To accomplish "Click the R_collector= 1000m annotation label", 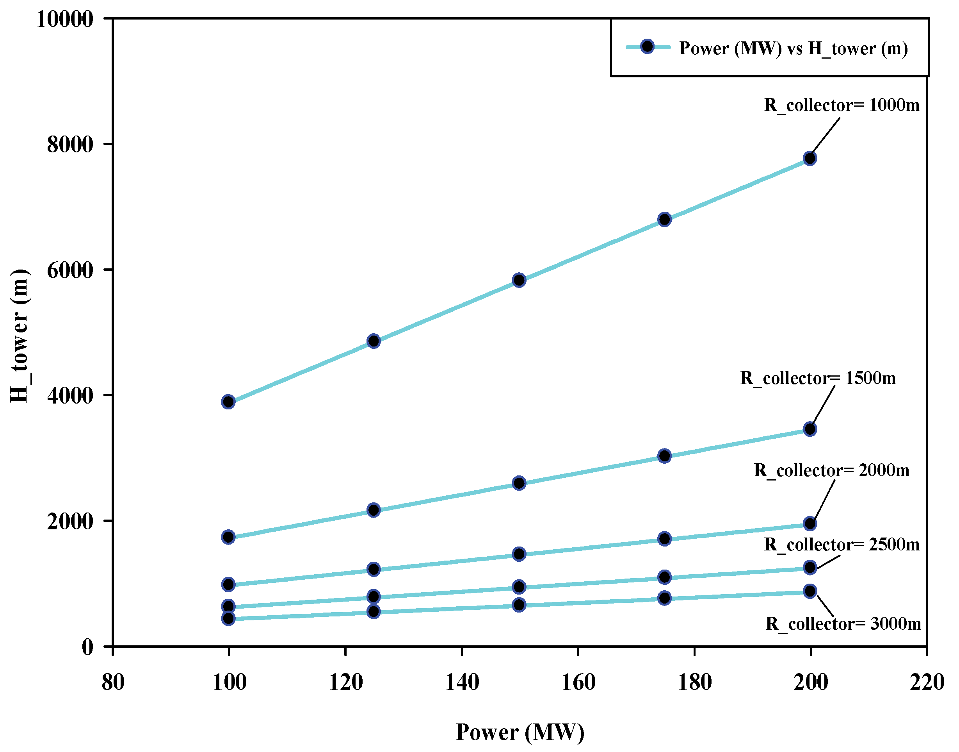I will (x=841, y=105).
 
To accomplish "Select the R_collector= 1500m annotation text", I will (x=817, y=378).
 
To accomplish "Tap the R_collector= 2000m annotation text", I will (x=831, y=471).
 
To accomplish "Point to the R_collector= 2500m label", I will (x=841, y=545).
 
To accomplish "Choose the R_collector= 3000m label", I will (x=843, y=624).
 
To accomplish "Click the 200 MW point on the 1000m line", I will (x=810, y=159).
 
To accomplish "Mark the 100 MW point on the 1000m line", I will (x=228, y=402).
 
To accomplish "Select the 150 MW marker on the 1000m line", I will (x=519, y=280).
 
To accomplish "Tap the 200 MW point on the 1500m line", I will (x=810, y=429).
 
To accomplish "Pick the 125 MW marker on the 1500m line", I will (x=374, y=510).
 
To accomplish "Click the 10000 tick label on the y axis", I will (x=65, y=20).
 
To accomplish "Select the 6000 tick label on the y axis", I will (x=70, y=270).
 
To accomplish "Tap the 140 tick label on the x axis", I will (x=462, y=682).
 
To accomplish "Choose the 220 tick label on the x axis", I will (x=927, y=682).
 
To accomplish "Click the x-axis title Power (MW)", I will (x=520, y=732).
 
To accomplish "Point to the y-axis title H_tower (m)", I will (x=20, y=336).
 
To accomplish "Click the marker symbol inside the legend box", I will (x=647, y=46).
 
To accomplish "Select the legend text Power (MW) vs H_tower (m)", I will (x=793, y=48).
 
